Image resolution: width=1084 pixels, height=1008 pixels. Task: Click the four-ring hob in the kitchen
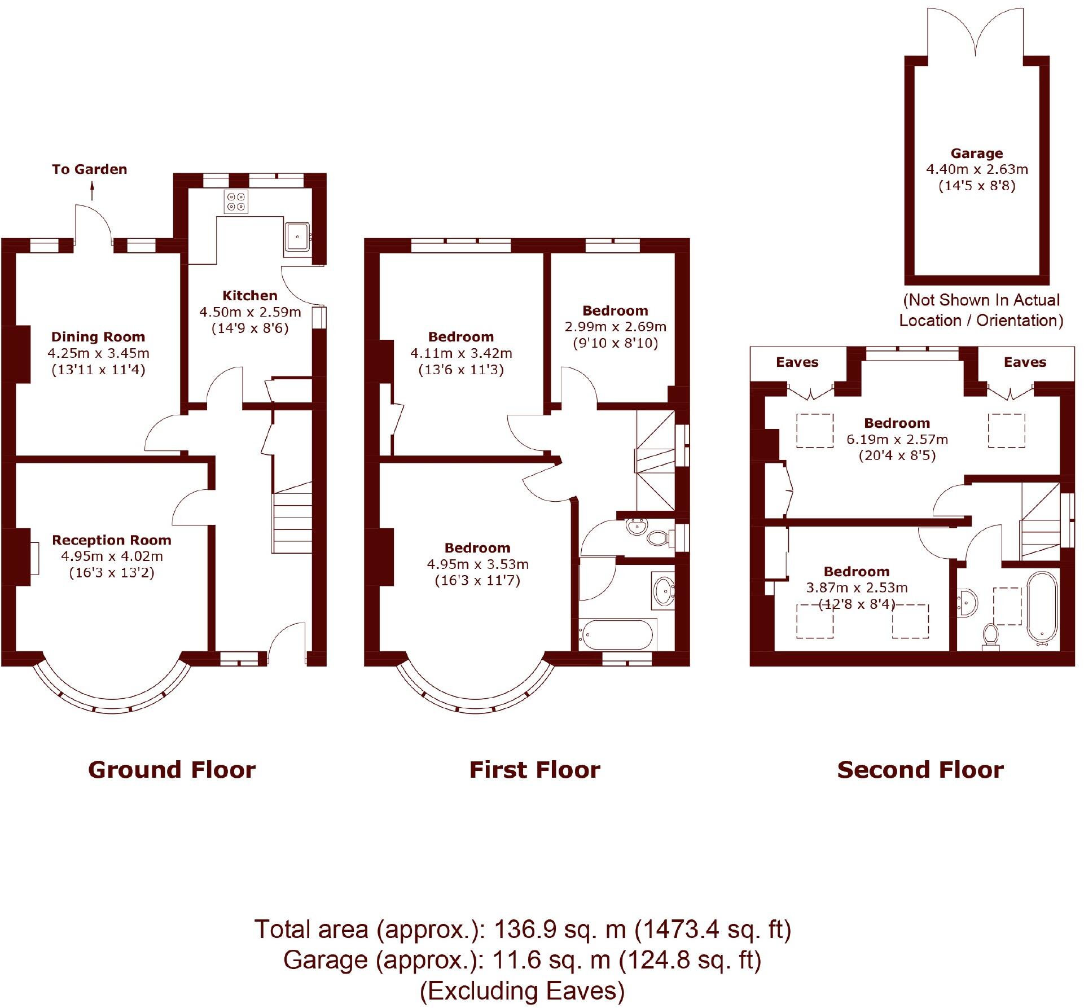tap(236, 201)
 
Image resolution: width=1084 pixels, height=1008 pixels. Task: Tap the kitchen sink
tap(297, 236)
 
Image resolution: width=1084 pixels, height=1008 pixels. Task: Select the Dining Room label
tap(98, 337)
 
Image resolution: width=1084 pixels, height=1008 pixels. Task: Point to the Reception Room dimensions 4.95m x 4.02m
tap(112, 556)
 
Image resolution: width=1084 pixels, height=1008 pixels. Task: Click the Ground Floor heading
tap(172, 770)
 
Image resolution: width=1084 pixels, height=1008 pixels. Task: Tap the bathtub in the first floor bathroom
tap(618, 634)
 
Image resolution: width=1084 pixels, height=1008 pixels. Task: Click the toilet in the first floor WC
tap(658, 537)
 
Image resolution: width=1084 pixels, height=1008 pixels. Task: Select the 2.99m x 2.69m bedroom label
tap(615, 327)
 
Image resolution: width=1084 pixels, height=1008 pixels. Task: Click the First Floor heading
tap(534, 770)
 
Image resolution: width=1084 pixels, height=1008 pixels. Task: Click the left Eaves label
tap(797, 362)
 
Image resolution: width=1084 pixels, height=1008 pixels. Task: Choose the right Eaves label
tap(1025, 362)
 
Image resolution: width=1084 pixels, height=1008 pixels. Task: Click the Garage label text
tap(977, 154)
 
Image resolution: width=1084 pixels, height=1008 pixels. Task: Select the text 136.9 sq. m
tap(560, 930)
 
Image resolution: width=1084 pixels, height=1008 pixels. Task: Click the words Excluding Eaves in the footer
tap(522, 991)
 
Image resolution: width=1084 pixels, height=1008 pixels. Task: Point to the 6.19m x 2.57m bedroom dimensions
tap(897, 440)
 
